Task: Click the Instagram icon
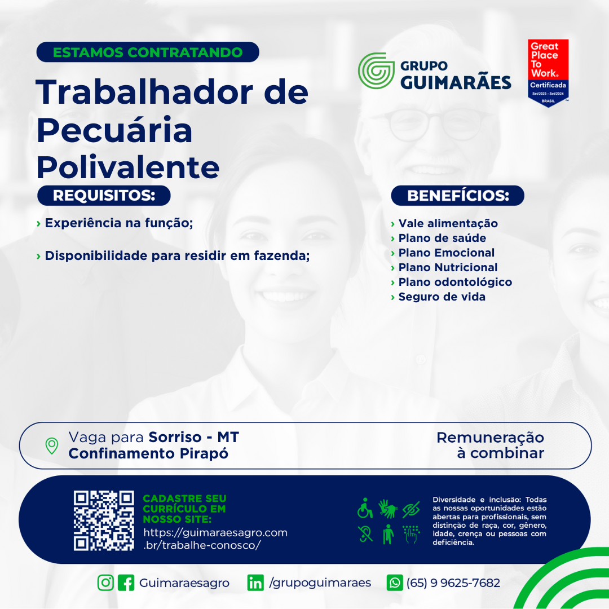[x=105, y=582]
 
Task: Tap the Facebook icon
[x=126, y=582]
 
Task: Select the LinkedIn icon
[x=255, y=582]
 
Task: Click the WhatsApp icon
[x=395, y=582]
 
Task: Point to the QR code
[x=104, y=520]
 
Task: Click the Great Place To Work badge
[x=548, y=73]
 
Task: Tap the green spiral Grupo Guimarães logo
[x=376, y=70]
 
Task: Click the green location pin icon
[x=52, y=446]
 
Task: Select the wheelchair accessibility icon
[x=365, y=508]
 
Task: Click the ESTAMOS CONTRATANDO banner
[x=148, y=52]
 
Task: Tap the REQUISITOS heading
[x=104, y=195]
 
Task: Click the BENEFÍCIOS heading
[x=457, y=195]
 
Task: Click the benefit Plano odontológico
[x=455, y=282]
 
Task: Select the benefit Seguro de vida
[x=442, y=297]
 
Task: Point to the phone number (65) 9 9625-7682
[x=453, y=583]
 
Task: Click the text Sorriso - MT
[x=194, y=438]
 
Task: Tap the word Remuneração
[x=490, y=438]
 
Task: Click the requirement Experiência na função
[x=119, y=223]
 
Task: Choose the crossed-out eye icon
[x=411, y=509]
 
